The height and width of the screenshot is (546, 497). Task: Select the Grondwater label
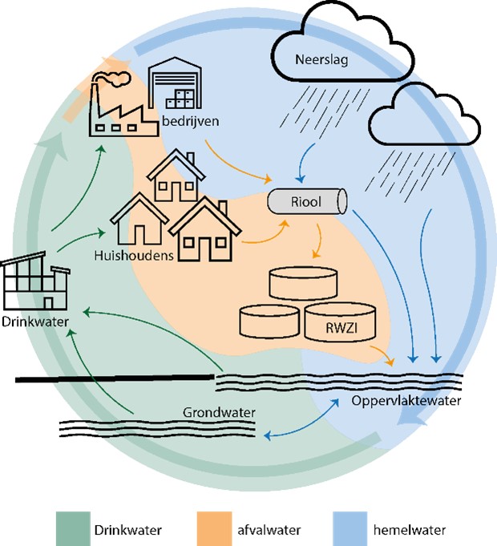tap(219, 412)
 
